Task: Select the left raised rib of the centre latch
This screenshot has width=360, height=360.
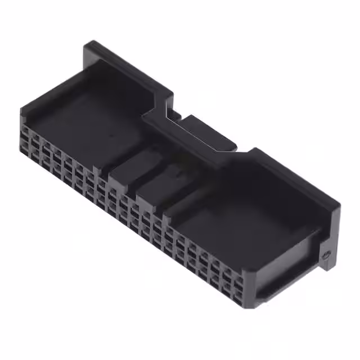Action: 130,169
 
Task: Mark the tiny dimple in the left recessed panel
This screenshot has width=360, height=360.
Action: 110,136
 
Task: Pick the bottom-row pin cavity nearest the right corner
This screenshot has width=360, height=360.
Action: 238,293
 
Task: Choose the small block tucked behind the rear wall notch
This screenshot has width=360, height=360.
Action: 174,115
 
